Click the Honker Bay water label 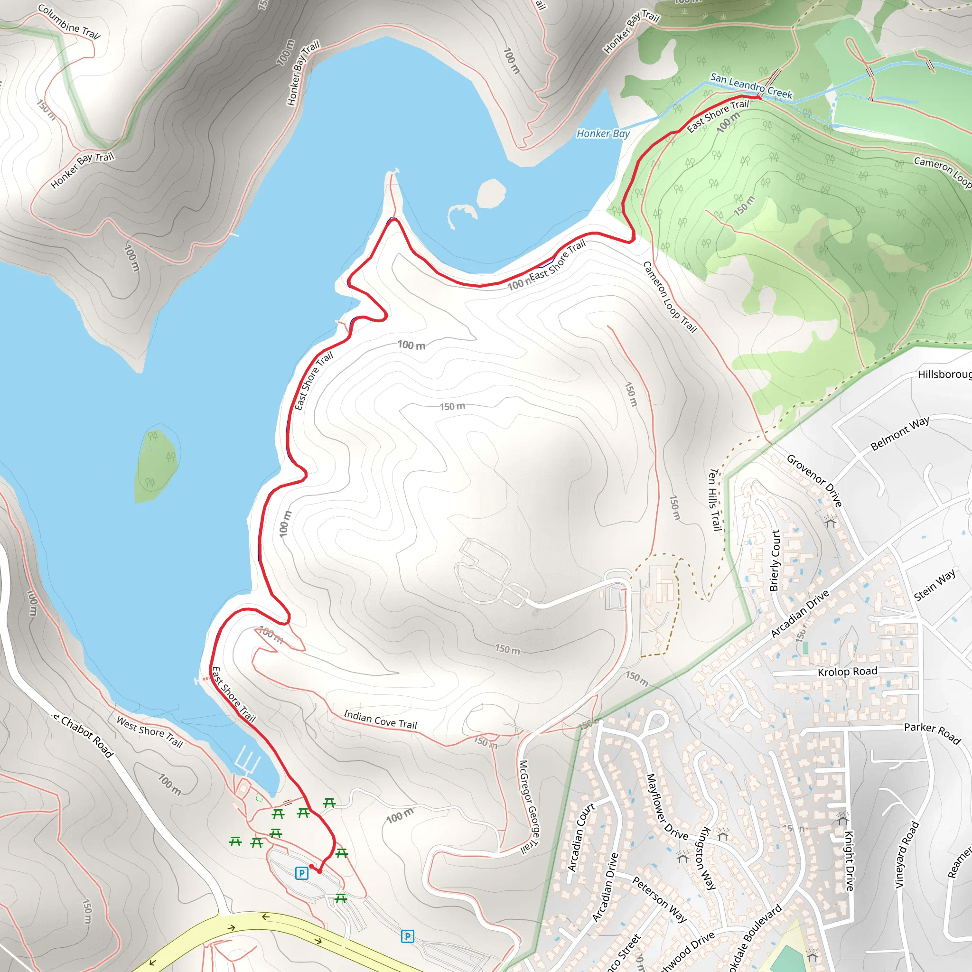pos(603,133)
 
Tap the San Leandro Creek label pos(751,85)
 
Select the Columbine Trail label pos(69,22)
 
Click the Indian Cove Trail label pos(380,720)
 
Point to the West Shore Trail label pos(150,731)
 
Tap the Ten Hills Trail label pos(715,500)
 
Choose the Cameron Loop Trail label pos(670,297)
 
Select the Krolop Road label pos(847,672)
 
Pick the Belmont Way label pos(899,433)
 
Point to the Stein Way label pos(935,585)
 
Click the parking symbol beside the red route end pos(301,873)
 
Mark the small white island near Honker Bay pos(491,193)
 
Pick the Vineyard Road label pos(907,855)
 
